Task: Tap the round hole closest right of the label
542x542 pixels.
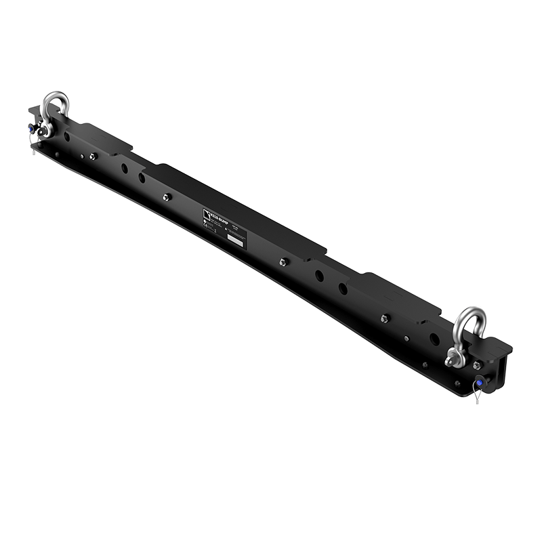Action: (317, 275)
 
